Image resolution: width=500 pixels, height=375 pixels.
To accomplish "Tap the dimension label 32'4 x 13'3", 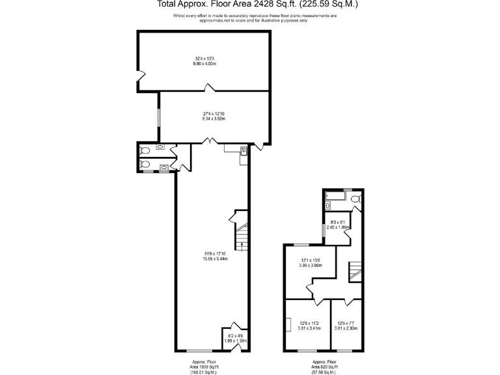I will click(204, 62).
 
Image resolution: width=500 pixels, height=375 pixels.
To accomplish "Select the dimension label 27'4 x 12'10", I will click(213, 117).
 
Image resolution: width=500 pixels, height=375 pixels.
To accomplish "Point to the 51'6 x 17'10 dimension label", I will click(214, 256).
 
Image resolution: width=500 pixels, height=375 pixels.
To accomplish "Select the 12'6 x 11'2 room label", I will click(309, 326).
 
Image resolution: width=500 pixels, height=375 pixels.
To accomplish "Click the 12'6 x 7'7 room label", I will click(347, 326).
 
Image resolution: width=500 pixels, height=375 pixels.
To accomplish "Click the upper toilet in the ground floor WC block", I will click(146, 151).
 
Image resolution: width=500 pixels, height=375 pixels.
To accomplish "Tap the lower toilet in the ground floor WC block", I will click(146, 165).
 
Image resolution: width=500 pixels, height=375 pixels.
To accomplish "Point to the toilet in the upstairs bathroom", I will click(355, 197).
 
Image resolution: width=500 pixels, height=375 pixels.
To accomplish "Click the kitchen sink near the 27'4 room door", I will click(243, 152).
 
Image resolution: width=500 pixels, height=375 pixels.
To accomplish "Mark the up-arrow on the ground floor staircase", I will click(242, 245).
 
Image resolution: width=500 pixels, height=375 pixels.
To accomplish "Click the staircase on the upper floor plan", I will click(355, 271).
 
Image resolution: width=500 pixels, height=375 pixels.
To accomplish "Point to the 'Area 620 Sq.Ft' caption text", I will click(324, 367).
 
